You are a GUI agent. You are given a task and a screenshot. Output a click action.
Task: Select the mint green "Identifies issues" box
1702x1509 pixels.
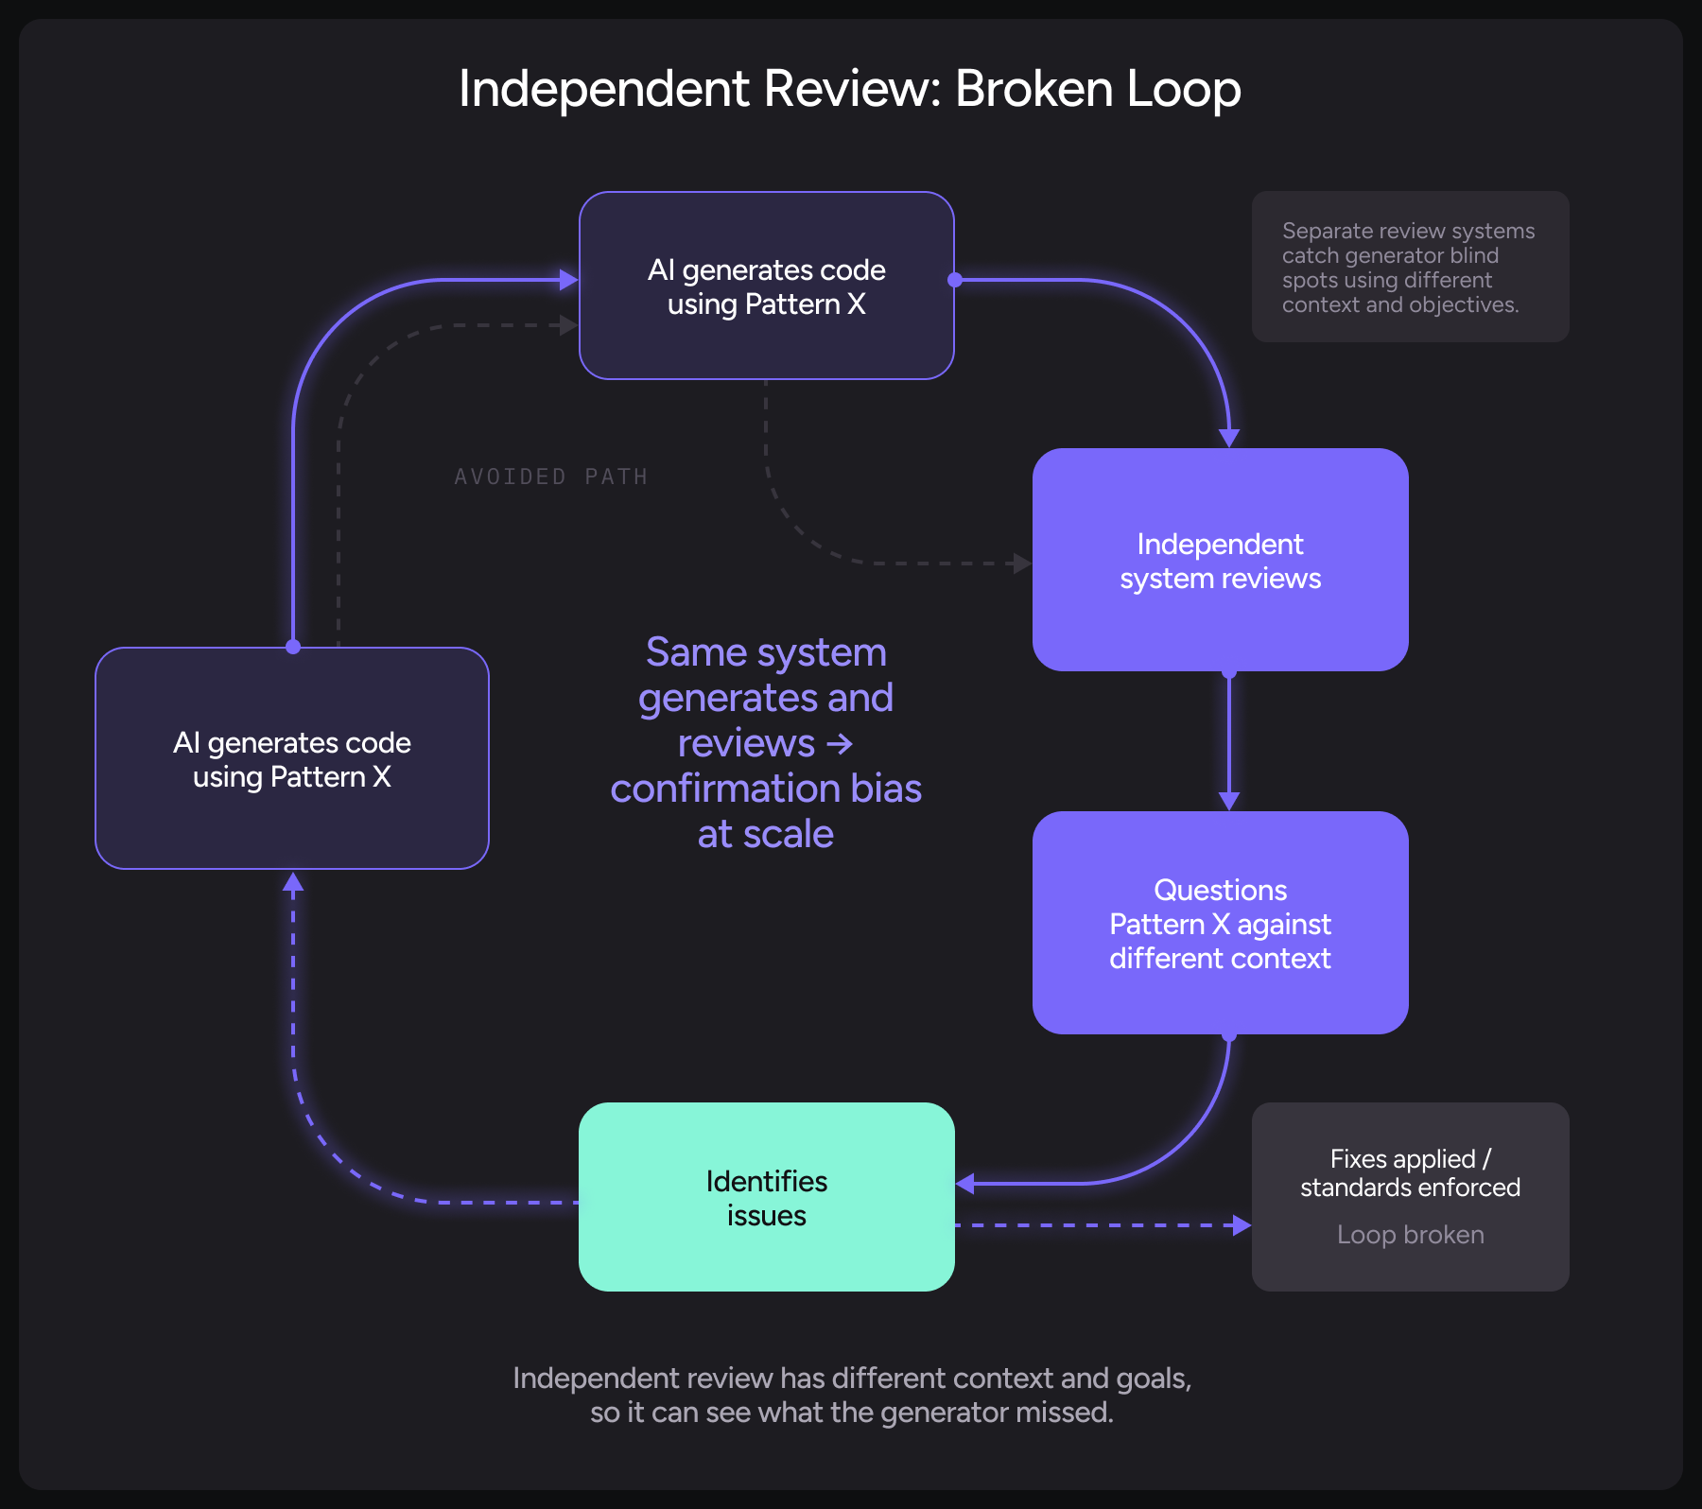pos(766,1197)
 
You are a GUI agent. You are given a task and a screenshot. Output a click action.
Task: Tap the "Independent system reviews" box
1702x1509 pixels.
pos(1220,560)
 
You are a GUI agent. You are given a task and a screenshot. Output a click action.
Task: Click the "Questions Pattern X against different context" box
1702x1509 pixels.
pos(1220,923)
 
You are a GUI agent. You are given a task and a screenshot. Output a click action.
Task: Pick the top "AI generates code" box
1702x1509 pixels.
pos(766,286)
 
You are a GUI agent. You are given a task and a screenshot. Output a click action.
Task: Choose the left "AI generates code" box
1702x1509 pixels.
pos(291,758)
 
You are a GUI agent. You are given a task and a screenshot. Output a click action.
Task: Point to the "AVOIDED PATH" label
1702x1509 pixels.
pos(550,477)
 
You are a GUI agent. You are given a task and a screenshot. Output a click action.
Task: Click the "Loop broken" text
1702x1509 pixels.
pos(1410,1235)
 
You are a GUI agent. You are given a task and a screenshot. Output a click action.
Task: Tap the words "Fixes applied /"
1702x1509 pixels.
pos(1410,1159)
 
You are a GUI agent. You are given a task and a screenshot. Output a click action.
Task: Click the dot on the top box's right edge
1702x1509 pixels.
pos(955,280)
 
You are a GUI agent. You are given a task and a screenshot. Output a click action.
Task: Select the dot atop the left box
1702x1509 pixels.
pos(293,647)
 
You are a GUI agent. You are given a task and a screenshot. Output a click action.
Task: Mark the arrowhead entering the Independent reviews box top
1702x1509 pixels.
pos(1229,438)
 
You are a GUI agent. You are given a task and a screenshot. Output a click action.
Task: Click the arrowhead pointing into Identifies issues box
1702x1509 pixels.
pos(965,1183)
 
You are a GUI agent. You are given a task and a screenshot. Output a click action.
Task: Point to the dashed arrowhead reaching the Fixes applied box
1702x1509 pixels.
pos(1242,1225)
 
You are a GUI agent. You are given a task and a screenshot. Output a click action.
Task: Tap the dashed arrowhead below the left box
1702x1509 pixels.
pos(293,883)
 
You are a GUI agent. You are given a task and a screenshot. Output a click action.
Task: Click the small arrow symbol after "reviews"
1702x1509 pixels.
pos(840,744)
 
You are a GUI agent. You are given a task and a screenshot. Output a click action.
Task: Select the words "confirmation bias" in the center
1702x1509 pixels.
pos(766,789)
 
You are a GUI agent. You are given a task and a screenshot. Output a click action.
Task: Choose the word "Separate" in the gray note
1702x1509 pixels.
pos(1321,231)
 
